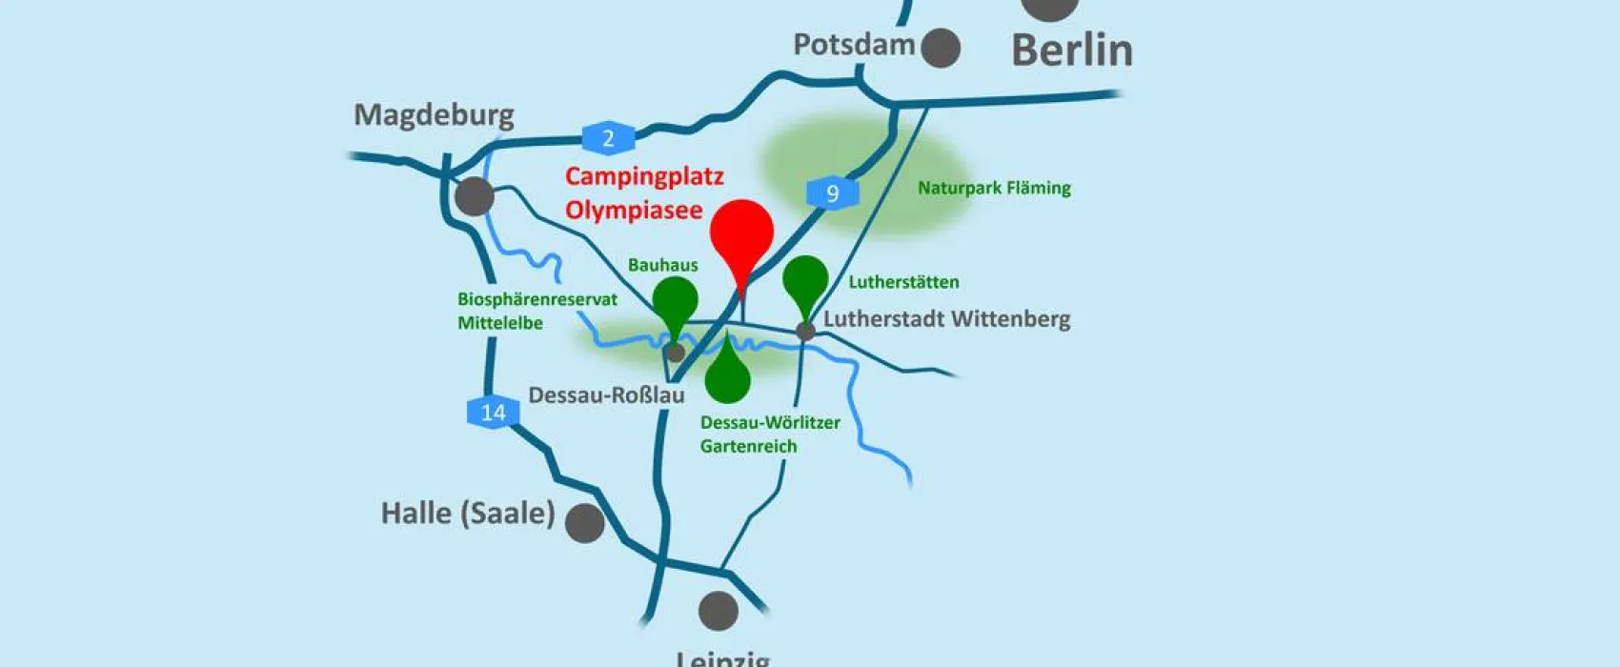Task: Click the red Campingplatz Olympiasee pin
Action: point(741,236)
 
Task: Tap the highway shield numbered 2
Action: point(608,138)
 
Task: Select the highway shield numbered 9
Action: point(832,193)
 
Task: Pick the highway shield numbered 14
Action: point(493,412)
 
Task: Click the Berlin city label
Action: point(1071,50)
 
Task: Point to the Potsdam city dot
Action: point(941,48)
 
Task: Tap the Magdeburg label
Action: point(434,115)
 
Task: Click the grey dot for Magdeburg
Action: point(474,196)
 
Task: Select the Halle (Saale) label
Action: point(467,514)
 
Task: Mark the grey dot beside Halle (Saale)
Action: point(584,523)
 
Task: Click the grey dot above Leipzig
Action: point(718,611)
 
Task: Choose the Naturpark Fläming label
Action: point(994,188)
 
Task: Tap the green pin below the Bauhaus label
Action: point(675,302)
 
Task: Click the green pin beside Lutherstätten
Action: point(805,280)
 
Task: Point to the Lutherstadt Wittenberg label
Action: point(946,319)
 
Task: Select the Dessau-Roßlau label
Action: point(606,394)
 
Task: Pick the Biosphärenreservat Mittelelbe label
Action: point(537,311)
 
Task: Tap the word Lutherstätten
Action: point(903,282)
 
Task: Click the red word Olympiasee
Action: point(634,210)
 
